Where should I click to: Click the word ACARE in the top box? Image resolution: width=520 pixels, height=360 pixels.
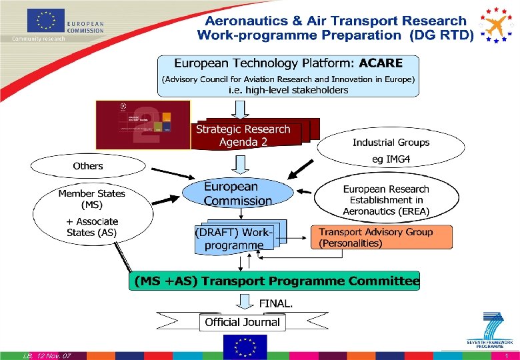point(381,63)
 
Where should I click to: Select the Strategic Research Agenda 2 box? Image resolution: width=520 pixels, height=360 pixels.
point(243,135)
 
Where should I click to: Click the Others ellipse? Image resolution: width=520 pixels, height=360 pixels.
point(88,166)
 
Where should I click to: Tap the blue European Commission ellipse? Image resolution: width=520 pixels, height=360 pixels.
point(238,193)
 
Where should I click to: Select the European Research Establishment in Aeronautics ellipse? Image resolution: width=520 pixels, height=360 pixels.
point(387,200)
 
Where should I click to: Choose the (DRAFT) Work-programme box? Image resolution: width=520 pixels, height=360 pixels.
point(234,239)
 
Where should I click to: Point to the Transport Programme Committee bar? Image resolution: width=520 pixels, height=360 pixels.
point(275,281)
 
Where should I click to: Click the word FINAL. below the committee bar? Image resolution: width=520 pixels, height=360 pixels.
point(275,303)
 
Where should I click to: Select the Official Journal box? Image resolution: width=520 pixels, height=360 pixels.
point(242,322)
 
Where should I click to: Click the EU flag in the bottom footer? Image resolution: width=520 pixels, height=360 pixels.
point(245,347)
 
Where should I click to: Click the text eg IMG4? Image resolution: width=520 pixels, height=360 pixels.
point(391,158)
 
